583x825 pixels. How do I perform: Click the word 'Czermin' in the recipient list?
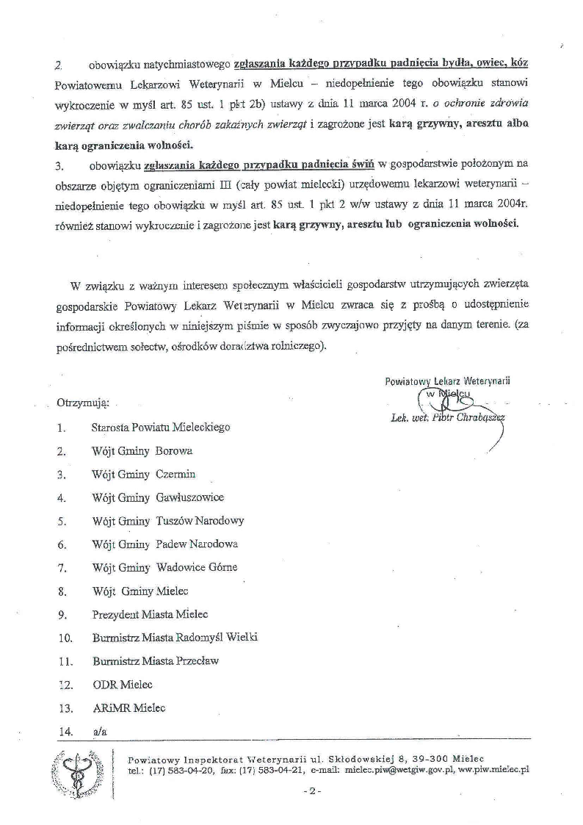pos(175,474)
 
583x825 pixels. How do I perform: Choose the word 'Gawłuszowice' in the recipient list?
pos(190,497)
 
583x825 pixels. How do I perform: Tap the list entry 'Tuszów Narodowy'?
pos(200,521)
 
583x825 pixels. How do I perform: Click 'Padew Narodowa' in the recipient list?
pos(197,544)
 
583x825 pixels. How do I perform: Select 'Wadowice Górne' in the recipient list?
pos(197,567)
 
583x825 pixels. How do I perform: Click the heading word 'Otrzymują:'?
pos(83,403)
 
